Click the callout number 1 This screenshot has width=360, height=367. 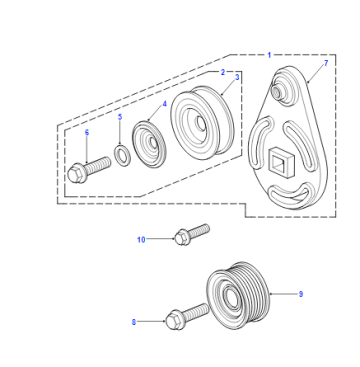[x=269, y=55]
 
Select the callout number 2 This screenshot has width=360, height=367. [x=223, y=72]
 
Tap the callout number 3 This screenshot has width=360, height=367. [x=237, y=77]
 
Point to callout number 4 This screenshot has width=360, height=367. [x=164, y=104]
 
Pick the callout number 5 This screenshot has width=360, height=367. [x=120, y=117]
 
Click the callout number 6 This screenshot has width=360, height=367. [x=87, y=132]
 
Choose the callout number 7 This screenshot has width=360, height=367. [x=326, y=63]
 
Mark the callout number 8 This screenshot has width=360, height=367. [x=134, y=322]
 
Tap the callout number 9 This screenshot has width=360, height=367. [x=301, y=294]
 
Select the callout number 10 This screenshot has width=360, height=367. [x=141, y=239]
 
